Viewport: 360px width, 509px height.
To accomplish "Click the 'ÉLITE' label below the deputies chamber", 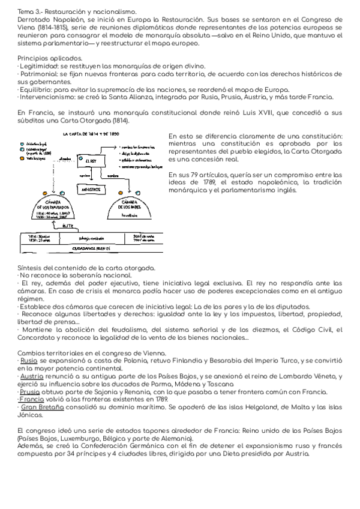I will (x=67, y=226).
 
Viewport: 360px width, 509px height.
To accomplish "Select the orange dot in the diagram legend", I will (x=22, y=158).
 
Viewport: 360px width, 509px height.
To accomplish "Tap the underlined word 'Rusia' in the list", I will (x=29, y=361).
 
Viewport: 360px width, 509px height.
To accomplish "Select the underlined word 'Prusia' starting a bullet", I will (x=29, y=392).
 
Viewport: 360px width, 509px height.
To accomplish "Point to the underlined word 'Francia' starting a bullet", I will (x=32, y=399).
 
